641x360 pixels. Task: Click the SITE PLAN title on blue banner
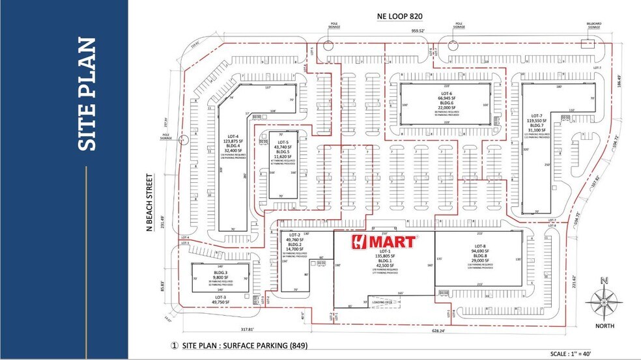click(x=87, y=95)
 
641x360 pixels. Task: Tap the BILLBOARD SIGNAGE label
click(x=593, y=25)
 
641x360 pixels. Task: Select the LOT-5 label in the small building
click(x=283, y=142)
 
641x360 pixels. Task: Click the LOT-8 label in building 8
click(x=478, y=246)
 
